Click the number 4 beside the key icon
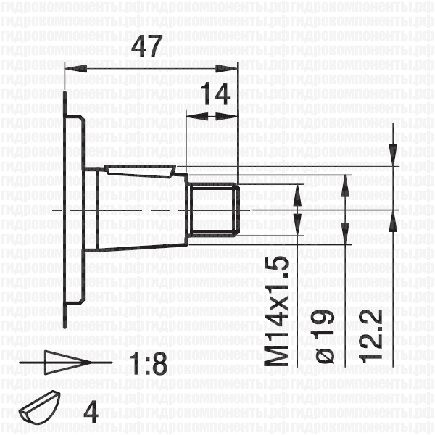click(x=91, y=412)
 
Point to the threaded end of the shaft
click(x=215, y=211)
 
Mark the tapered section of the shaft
click(x=138, y=210)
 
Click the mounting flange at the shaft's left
click(x=75, y=210)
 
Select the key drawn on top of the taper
click(x=141, y=171)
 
